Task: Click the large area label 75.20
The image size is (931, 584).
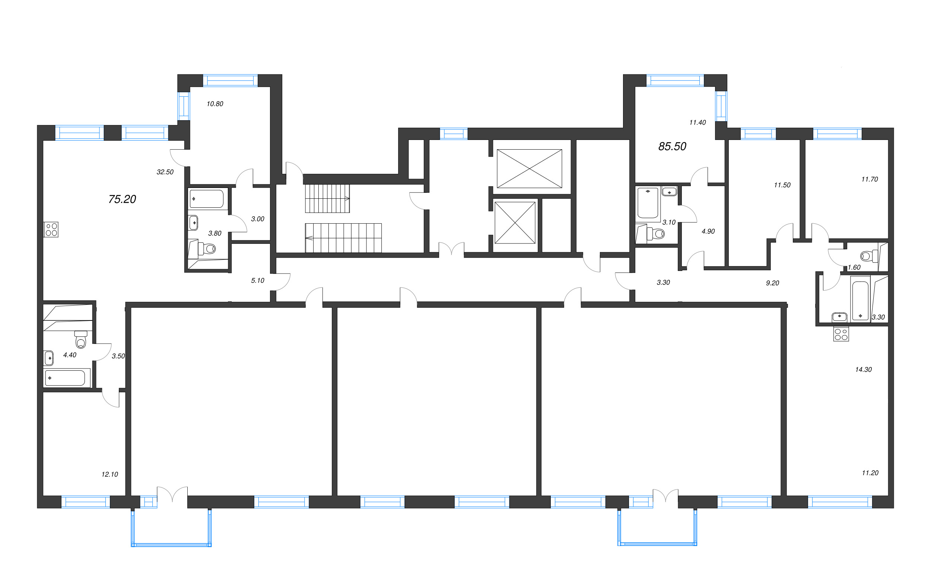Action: pos(122,199)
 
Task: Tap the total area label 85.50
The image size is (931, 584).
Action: pos(672,146)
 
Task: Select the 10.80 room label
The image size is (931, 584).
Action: pos(215,104)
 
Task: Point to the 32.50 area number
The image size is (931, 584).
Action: pos(165,172)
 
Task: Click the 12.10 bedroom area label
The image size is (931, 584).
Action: pos(110,474)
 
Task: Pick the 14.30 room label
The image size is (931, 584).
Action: pos(863,370)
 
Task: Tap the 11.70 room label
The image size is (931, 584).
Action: pos(869,179)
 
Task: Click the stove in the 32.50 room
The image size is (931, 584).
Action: pos(51,229)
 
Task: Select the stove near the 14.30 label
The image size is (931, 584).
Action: pos(841,335)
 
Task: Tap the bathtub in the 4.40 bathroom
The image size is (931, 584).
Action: pos(65,378)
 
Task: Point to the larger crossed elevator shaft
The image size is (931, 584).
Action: pos(529,169)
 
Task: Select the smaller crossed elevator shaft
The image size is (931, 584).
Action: pos(515,223)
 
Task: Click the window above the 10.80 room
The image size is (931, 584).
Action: pos(231,81)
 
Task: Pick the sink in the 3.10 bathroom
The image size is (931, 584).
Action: pos(669,192)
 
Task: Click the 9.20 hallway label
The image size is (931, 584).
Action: pos(772,283)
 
